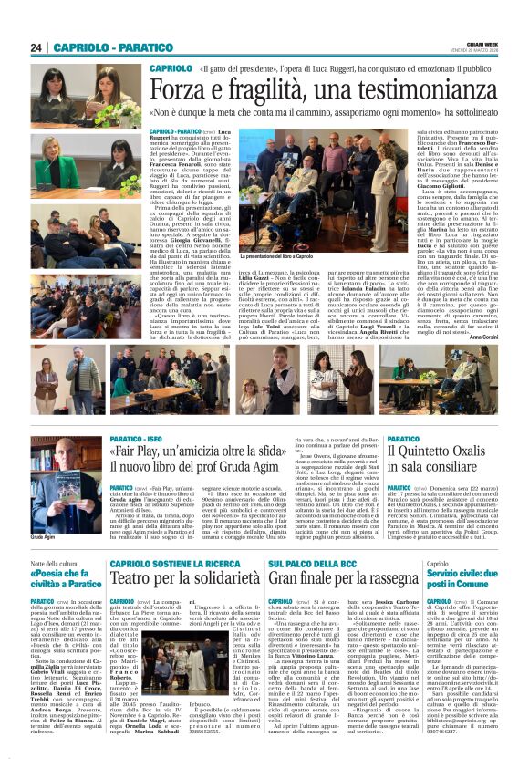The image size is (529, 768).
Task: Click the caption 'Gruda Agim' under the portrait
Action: pos(45,539)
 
